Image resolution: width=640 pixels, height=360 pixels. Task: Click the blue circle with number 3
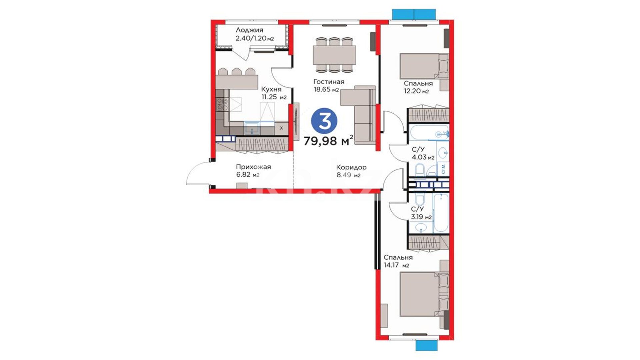point(324,121)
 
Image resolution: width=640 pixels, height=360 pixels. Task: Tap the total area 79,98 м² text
point(328,141)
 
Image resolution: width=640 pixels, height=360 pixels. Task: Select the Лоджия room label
point(249,30)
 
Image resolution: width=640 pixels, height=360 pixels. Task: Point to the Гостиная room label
point(329,82)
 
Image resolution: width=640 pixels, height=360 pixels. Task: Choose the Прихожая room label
point(253,167)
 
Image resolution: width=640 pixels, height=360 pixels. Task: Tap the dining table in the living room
point(334,55)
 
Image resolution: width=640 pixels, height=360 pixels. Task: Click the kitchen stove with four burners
point(222,104)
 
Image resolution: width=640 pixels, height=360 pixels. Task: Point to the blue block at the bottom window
point(426,345)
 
